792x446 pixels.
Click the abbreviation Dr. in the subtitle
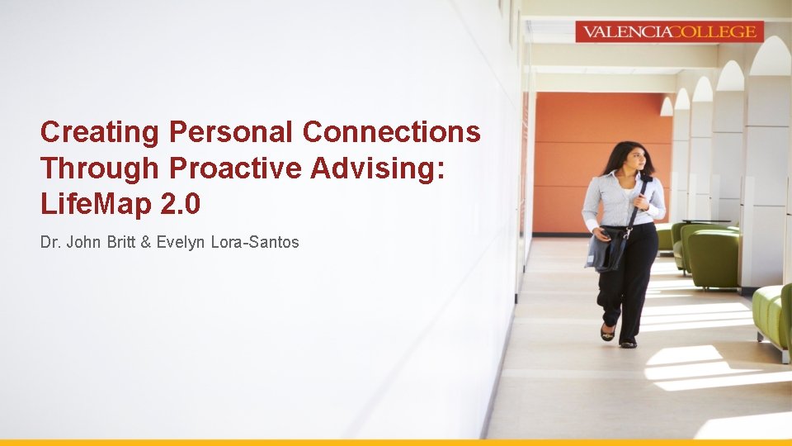pos(49,243)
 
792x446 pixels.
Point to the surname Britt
pos(125,243)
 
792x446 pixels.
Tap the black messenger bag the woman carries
pos(607,249)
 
